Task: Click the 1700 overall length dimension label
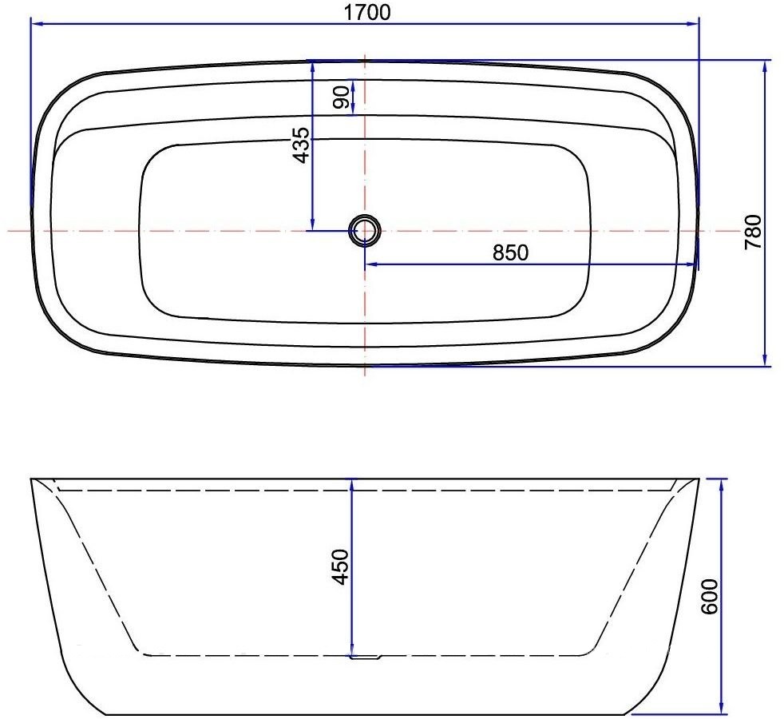tap(368, 12)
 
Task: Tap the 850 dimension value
tap(511, 252)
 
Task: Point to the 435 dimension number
tap(301, 145)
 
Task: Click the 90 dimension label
tap(343, 98)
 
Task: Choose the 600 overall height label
tap(711, 595)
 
